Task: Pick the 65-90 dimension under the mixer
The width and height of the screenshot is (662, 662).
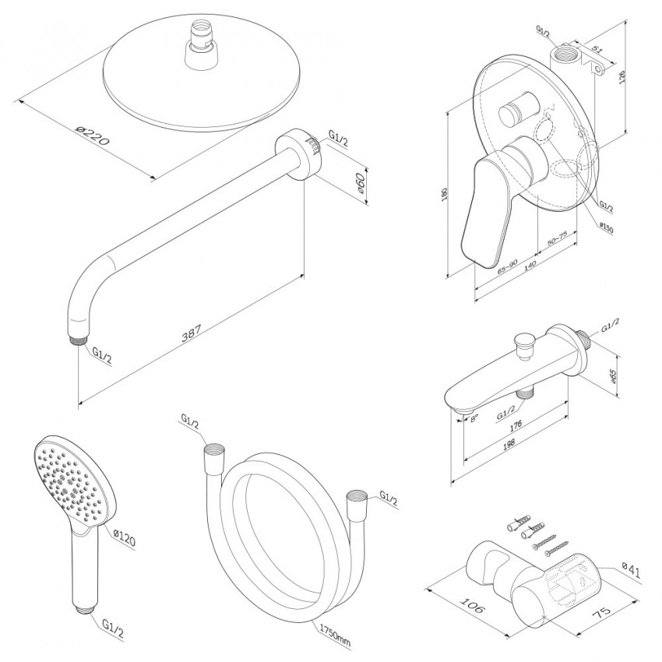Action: point(507,264)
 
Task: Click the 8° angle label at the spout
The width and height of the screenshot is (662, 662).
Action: point(472,419)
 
